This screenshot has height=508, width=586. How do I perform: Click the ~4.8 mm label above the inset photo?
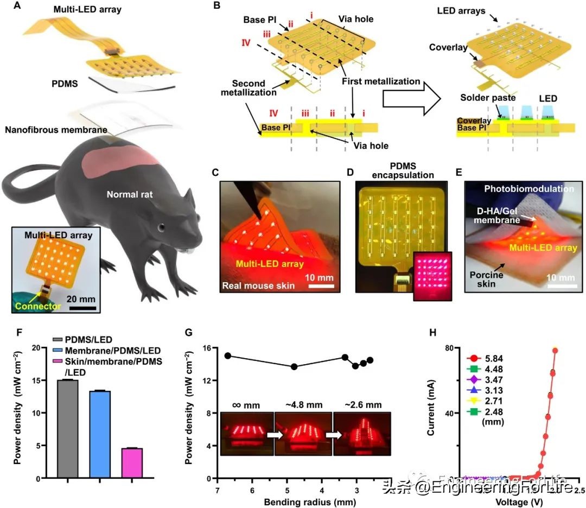(302, 404)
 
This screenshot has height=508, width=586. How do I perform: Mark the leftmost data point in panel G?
(228, 355)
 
